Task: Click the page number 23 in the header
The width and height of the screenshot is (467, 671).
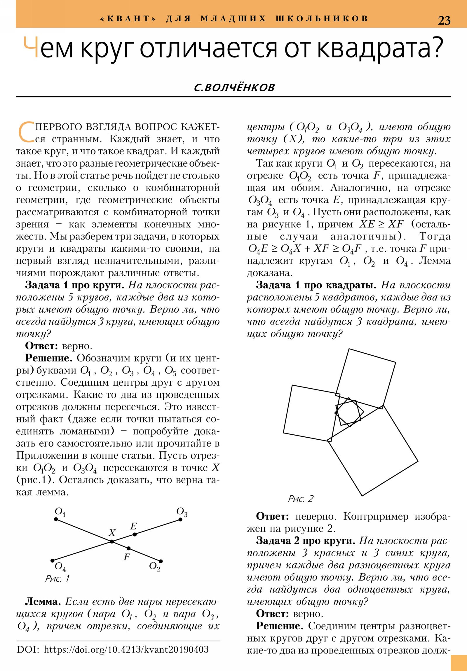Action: pyautogui.click(x=444, y=20)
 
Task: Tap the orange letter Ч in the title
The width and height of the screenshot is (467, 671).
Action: pyautogui.click(x=31, y=47)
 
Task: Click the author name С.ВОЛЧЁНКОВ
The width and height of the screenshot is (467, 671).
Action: pyautogui.click(x=234, y=87)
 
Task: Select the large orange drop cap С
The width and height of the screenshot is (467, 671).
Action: pyautogui.click(x=26, y=132)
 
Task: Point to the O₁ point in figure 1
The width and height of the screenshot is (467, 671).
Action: pyautogui.click(x=56, y=519)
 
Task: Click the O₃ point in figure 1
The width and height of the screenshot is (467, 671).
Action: pyautogui.click(x=180, y=519)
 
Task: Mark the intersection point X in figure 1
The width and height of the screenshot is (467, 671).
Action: pyautogui.click(x=112, y=541)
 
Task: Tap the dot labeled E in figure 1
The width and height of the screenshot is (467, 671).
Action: pyautogui.click(x=135, y=534)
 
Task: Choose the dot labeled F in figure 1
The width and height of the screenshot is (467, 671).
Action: pyautogui.click(x=129, y=548)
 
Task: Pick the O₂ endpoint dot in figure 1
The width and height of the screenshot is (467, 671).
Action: pyautogui.click(x=161, y=561)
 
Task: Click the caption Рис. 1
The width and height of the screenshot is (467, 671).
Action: pyautogui.click(x=57, y=578)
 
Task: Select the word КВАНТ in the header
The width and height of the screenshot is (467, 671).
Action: pyautogui.click(x=128, y=19)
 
